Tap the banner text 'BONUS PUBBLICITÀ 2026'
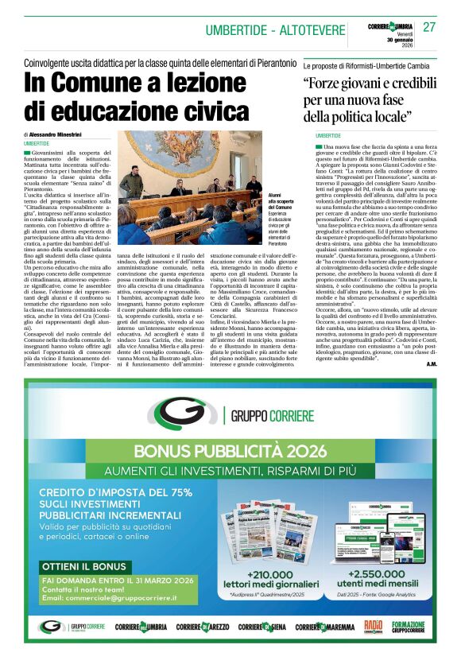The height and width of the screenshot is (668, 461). pyautogui.click(x=230, y=452)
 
